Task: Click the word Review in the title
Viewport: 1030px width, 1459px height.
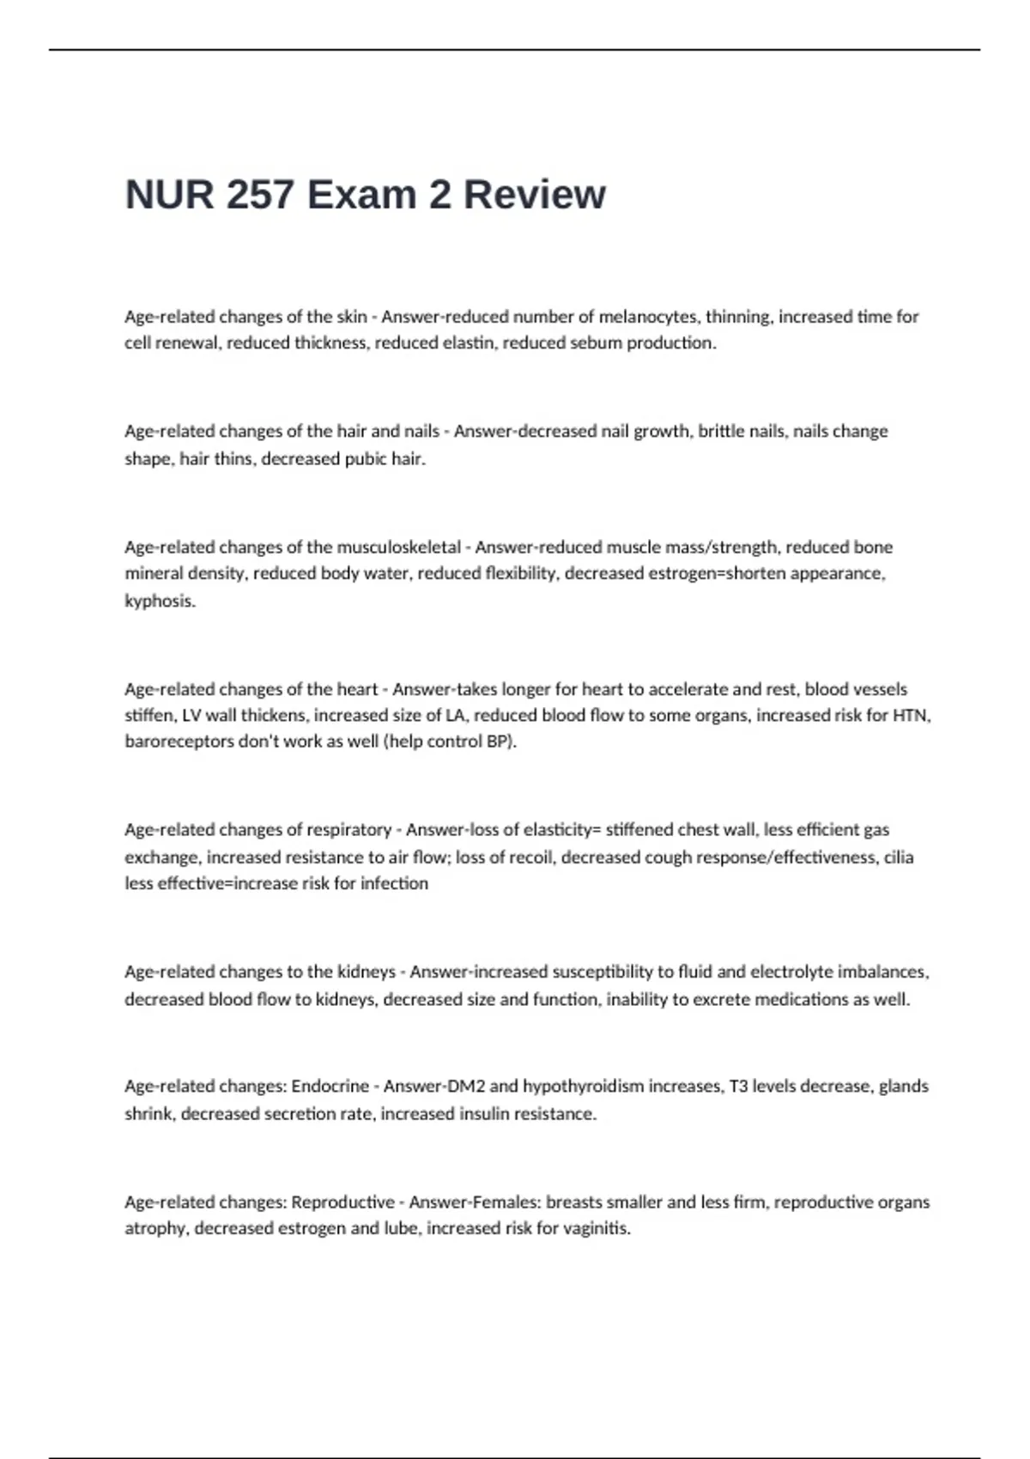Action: [534, 195]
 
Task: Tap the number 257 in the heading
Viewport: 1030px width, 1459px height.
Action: [258, 195]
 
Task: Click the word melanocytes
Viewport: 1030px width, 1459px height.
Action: [648, 317]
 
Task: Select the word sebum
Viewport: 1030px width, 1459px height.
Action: [596, 343]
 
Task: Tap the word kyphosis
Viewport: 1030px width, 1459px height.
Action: [160, 601]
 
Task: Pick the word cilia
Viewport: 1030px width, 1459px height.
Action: [898, 857]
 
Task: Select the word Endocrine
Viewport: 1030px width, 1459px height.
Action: [330, 1087]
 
